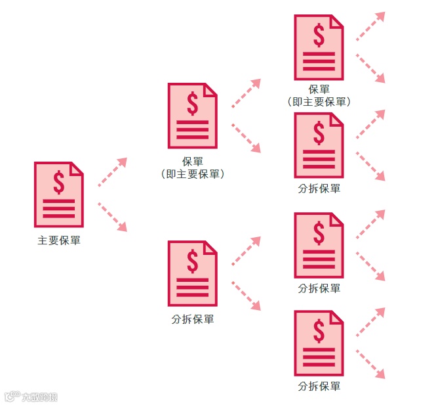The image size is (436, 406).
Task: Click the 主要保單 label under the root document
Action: [59, 240]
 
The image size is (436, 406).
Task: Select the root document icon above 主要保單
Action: [59, 194]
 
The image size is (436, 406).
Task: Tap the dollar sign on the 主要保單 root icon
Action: [59, 183]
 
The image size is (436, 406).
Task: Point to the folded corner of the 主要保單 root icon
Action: [77, 168]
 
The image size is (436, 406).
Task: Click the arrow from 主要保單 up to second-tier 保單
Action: [112, 172]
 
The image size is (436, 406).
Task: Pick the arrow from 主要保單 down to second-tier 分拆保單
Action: [112, 217]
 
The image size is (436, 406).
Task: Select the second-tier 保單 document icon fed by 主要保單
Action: [192, 116]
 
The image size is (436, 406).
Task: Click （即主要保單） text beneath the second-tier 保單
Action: [193, 174]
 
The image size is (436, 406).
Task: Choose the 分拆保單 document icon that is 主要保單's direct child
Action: [192, 273]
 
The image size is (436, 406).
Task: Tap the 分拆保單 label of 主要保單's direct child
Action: [193, 319]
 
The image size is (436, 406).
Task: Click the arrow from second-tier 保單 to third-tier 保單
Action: [246, 93]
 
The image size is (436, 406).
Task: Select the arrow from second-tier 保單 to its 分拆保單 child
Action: [246, 138]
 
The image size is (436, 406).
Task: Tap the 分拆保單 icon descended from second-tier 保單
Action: [319, 145]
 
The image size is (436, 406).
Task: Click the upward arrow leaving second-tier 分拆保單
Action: [246, 251]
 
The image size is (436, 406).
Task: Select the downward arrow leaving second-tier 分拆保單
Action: [246, 296]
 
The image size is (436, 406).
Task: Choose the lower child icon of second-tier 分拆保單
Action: [319, 343]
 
